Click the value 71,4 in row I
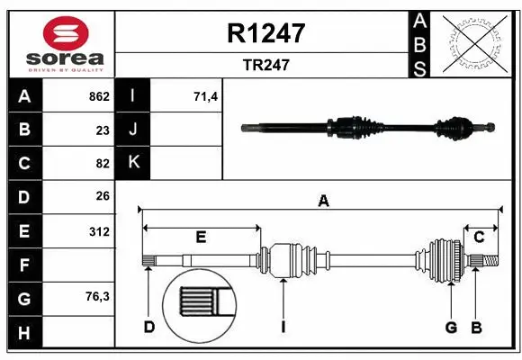click(206, 96)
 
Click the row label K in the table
click(133, 163)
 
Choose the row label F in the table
click(23, 265)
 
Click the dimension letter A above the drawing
click(322, 202)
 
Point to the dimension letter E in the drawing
click(201, 237)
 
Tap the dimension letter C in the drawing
click(480, 237)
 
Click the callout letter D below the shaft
click(149, 326)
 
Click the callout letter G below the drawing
click(452, 326)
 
